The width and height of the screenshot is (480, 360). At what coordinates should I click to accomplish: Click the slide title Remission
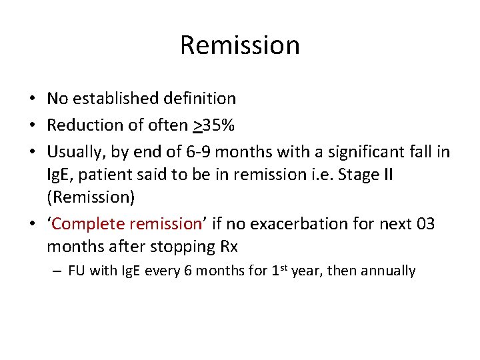[x=240, y=45]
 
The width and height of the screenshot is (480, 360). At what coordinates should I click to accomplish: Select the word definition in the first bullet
[x=203, y=99]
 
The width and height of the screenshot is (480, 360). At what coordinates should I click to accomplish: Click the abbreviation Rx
[x=229, y=247]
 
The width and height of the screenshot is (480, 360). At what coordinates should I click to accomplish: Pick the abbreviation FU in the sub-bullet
[x=77, y=271]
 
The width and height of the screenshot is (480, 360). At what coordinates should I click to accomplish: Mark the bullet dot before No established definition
[x=32, y=99]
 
